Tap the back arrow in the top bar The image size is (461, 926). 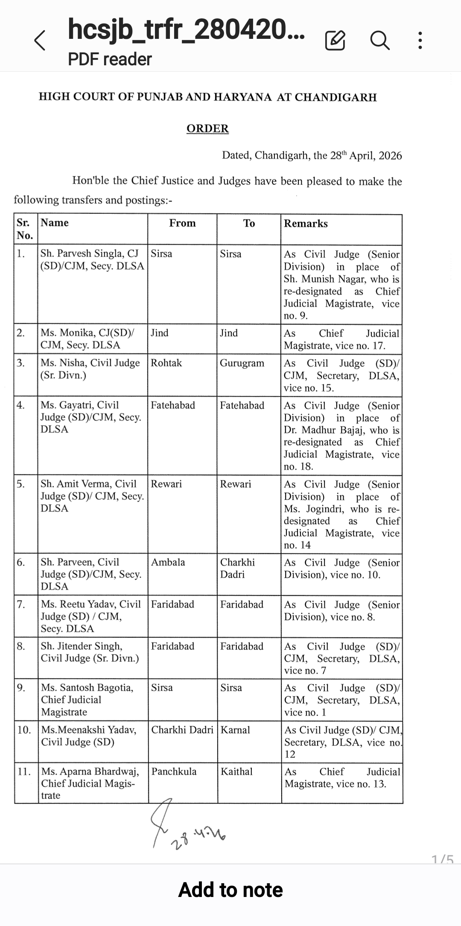(x=40, y=41)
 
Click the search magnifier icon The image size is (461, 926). (x=379, y=41)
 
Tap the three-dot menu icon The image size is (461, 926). (x=420, y=41)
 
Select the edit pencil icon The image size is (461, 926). (x=335, y=41)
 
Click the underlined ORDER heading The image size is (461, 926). (x=207, y=129)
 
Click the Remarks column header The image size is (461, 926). (x=306, y=223)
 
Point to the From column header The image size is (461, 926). (x=182, y=223)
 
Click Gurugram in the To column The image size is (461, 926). (x=242, y=363)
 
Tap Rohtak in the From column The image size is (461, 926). (x=166, y=363)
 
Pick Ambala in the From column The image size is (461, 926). (x=168, y=562)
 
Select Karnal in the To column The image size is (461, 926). (x=235, y=730)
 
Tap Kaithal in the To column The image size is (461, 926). (x=236, y=771)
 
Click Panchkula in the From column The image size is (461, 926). (x=174, y=771)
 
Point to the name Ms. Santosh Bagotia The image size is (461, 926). (x=87, y=687)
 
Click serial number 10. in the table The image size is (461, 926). (x=24, y=730)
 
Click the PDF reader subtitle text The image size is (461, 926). (x=110, y=59)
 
